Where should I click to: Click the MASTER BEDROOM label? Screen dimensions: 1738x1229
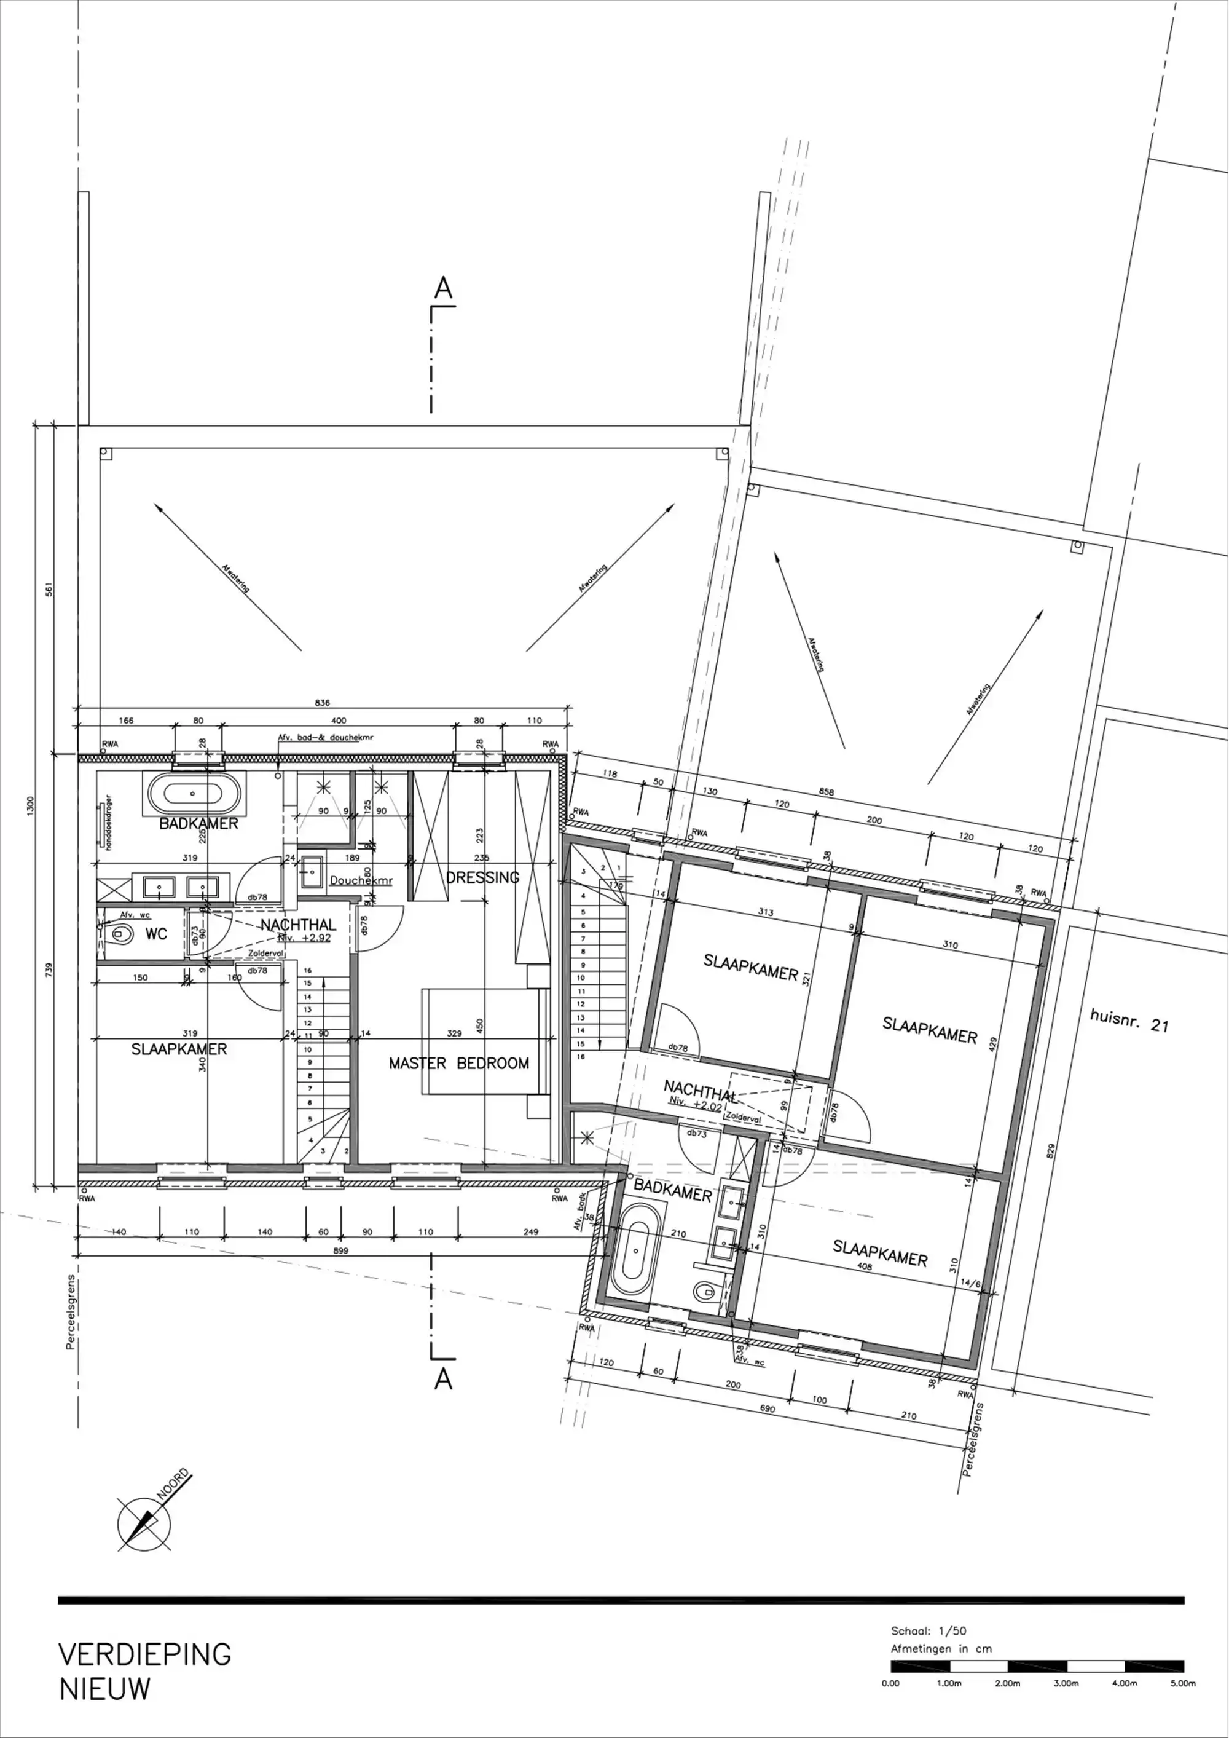click(458, 1064)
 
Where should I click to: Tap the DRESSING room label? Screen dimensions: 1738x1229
click(483, 877)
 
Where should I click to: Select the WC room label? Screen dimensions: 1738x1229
click(156, 934)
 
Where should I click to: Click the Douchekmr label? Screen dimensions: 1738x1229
click(361, 881)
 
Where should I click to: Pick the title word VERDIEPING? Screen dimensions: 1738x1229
click(144, 1655)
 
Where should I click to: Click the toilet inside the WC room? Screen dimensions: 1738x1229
click(117, 933)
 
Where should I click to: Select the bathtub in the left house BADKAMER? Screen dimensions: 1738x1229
click(194, 793)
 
